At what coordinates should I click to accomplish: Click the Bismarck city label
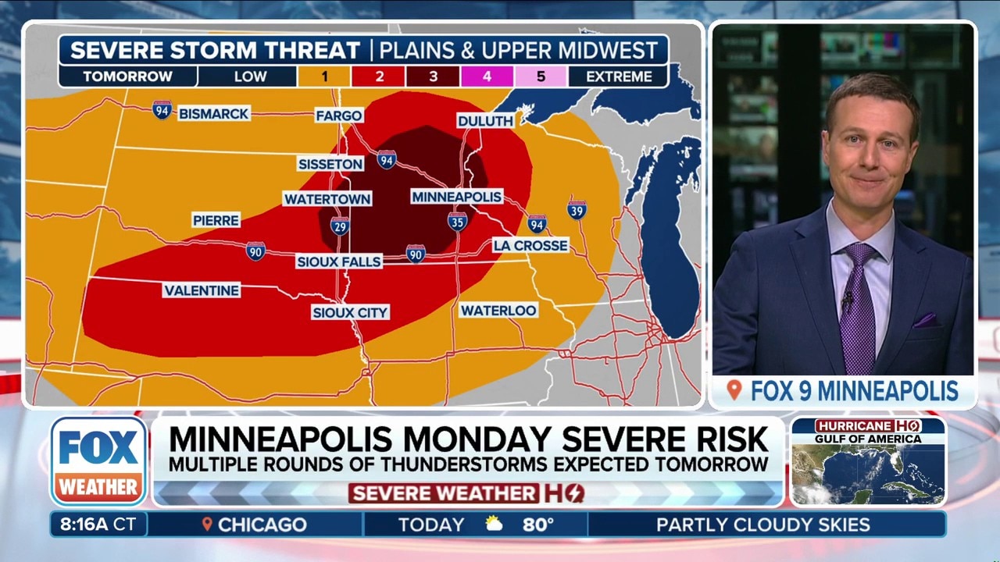pyautogui.click(x=213, y=114)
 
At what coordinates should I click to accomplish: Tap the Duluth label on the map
pyautogui.click(x=485, y=121)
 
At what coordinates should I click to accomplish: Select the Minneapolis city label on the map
pyautogui.click(x=457, y=197)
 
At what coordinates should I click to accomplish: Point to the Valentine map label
pyautogui.click(x=202, y=290)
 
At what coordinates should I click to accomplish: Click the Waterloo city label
pyautogui.click(x=498, y=311)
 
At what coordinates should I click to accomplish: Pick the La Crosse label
pyautogui.click(x=530, y=245)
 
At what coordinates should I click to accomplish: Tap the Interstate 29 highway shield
pyautogui.click(x=340, y=227)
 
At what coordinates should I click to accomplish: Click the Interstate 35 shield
pyautogui.click(x=458, y=222)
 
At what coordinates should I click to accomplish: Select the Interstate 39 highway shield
pyautogui.click(x=577, y=209)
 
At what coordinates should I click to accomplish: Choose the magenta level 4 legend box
pyautogui.click(x=487, y=76)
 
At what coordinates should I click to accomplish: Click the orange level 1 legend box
pyautogui.click(x=324, y=76)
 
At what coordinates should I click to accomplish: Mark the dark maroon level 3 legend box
pyautogui.click(x=433, y=76)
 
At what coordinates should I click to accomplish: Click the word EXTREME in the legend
pyautogui.click(x=619, y=76)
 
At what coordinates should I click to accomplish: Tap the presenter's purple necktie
pyautogui.click(x=858, y=304)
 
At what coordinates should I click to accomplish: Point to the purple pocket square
pyautogui.click(x=925, y=320)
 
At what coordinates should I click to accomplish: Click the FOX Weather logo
pyautogui.click(x=99, y=462)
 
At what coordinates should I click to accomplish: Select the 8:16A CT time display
pyautogui.click(x=98, y=525)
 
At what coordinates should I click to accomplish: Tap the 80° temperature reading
pyautogui.click(x=538, y=525)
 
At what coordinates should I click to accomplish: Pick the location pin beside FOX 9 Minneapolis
pyautogui.click(x=733, y=390)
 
